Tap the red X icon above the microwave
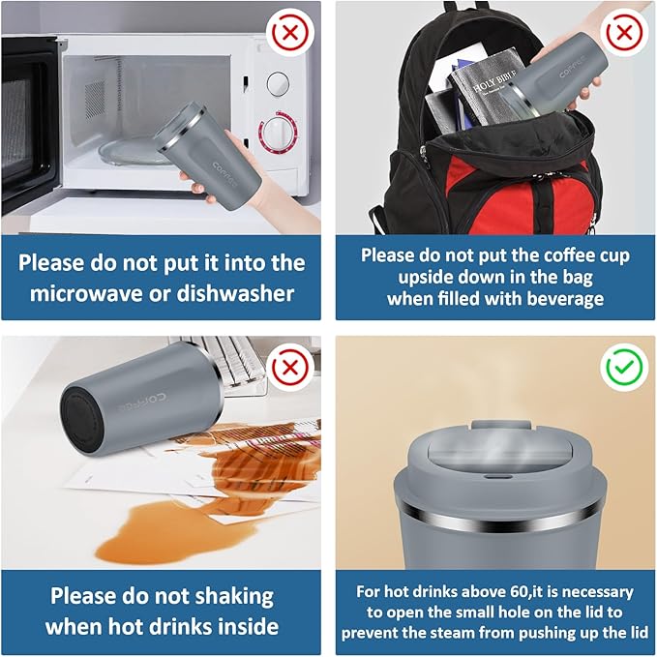pyautogui.click(x=290, y=33)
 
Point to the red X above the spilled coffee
pyautogui.click(x=290, y=368)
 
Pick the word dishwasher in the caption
pyautogui.click(x=235, y=293)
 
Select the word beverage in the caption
pyautogui.click(x=565, y=299)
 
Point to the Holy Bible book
pyautogui.click(x=486, y=90)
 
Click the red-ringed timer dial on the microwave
pyautogui.click(x=278, y=132)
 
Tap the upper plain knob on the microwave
pyautogui.click(x=279, y=83)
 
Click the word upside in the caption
pyautogui.click(x=423, y=278)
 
